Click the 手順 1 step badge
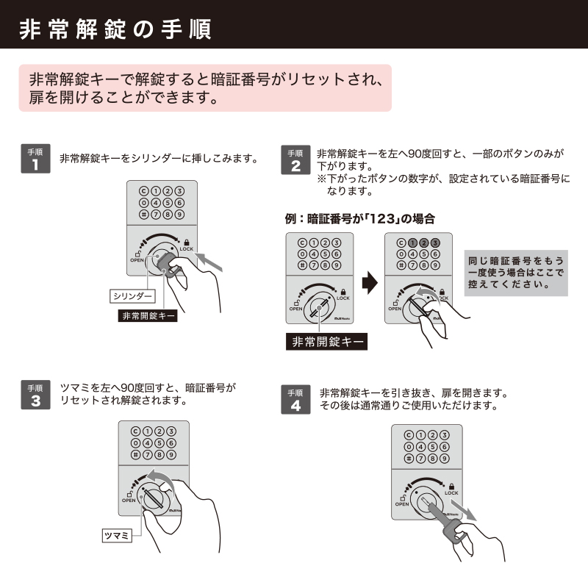coord(35,159)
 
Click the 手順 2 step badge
coord(295,159)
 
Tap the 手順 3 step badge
coord(35,395)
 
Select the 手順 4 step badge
coord(295,399)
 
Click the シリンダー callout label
coord(132,296)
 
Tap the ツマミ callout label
coord(117,536)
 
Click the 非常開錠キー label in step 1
coord(148,316)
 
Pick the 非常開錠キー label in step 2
coord(326,342)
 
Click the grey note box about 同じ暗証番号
coord(516,273)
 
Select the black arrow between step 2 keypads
coord(370,283)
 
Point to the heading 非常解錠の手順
coord(115,29)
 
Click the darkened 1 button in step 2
coord(412,243)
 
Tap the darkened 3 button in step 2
coord(435,243)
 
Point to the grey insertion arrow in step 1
coord(209,262)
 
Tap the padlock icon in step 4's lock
coord(451,487)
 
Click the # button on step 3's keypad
coord(135,455)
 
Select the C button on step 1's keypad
coord(143,191)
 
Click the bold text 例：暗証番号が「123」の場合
coord(360,218)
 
